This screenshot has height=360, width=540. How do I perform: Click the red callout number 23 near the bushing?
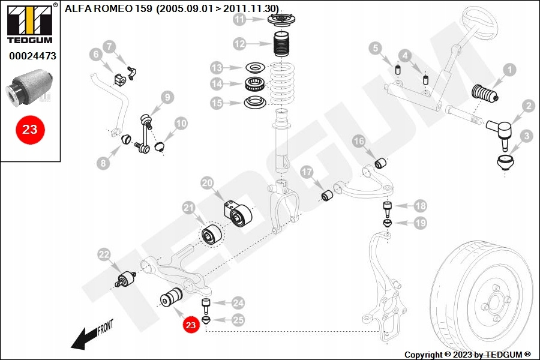click(191, 325)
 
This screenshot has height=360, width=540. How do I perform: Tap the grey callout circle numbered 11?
click(240, 20)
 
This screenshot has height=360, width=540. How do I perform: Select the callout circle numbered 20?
click(207, 182)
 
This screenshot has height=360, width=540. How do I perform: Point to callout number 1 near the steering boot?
click(509, 70)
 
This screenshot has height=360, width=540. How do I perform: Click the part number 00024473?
click(32, 56)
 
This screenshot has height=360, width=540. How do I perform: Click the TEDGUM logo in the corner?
click(29, 23)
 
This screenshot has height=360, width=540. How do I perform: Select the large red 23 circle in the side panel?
click(29, 129)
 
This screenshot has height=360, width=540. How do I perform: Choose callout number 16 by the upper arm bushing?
click(358, 142)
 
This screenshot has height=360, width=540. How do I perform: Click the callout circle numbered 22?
click(104, 255)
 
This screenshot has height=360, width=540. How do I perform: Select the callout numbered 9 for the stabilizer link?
click(166, 96)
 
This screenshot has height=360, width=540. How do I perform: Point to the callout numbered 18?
click(420, 206)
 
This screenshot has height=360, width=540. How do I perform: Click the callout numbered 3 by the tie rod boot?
click(526, 136)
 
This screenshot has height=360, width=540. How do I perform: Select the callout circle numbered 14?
click(217, 83)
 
